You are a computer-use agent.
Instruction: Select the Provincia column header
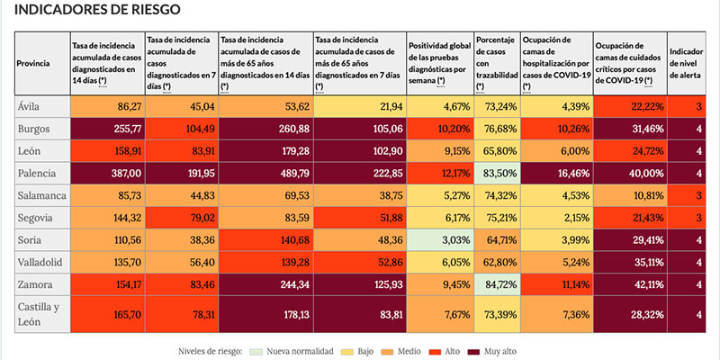click(x=34, y=63)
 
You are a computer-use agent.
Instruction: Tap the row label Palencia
click(x=37, y=171)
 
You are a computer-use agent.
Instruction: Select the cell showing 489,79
click(x=265, y=171)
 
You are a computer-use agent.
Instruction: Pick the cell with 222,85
click(x=358, y=171)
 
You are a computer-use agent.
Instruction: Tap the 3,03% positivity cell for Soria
click(x=438, y=241)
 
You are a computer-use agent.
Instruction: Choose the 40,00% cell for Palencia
click(x=629, y=171)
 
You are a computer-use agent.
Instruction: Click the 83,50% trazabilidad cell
click(x=496, y=171)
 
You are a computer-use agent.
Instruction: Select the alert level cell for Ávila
click(x=687, y=106)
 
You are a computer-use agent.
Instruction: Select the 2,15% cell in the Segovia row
click(x=555, y=218)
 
